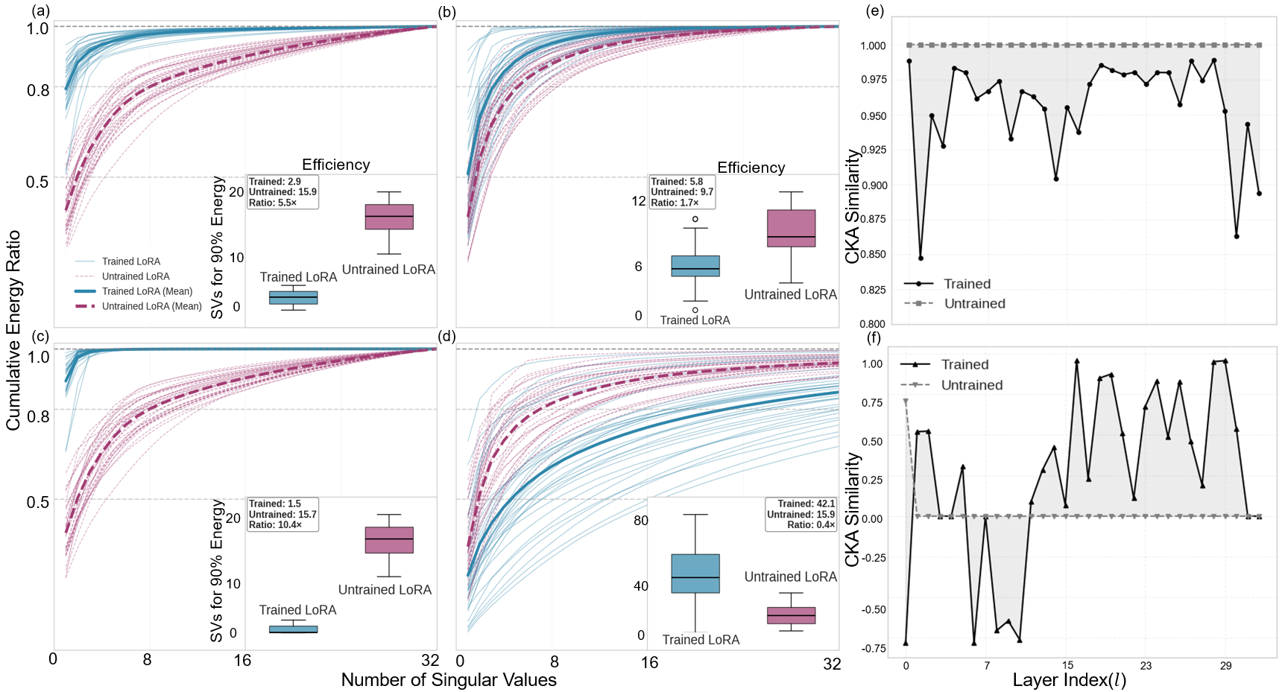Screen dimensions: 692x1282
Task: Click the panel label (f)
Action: coord(874,337)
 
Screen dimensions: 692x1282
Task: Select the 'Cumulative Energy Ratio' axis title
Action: coord(13,330)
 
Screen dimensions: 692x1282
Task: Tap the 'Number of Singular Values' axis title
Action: coord(449,680)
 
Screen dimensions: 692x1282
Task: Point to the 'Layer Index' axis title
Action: coord(1069,680)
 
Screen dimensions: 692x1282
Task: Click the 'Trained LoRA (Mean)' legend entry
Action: coord(147,291)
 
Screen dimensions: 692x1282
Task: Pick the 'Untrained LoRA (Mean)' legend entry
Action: coord(151,306)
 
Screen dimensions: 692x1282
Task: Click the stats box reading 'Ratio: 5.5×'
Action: coord(282,192)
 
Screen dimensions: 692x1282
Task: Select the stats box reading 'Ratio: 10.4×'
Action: coord(282,515)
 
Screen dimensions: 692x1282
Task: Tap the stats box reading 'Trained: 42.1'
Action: coord(801,515)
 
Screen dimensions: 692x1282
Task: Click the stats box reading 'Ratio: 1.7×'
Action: coord(682,192)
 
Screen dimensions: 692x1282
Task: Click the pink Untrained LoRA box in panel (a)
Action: coord(389,217)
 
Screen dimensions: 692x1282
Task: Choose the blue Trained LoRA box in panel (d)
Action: coord(695,574)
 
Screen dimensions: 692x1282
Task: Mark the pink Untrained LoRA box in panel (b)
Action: coord(791,228)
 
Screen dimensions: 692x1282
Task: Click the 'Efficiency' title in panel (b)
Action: coord(751,168)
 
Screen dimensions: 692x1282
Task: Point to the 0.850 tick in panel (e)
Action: coord(873,255)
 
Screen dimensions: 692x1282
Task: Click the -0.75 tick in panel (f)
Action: coord(874,649)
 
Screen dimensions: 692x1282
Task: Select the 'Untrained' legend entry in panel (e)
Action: coord(974,304)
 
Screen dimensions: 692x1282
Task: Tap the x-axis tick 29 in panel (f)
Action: coord(1226,666)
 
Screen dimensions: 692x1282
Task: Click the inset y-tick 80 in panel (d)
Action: coord(641,521)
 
